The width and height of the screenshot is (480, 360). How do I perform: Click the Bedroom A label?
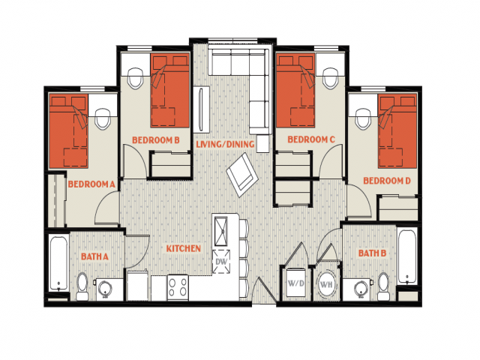[x=91, y=184]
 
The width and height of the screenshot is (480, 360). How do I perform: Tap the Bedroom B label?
[x=156, y=140]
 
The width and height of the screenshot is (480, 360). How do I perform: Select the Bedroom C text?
[x=311, y=139]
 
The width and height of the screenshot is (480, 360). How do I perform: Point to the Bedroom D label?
[x=387, y=181]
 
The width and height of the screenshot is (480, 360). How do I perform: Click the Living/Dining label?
[x=225, y=144]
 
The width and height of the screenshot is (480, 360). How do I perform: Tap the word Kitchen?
[x=183, y=248]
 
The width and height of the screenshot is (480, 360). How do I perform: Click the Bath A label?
[x=94, y=256]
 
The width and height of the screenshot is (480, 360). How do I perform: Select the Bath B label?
[x=372, y=253]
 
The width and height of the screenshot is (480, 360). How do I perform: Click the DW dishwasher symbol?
[x=221, y=262]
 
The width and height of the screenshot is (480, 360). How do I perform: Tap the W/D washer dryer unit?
[x=295, y=283]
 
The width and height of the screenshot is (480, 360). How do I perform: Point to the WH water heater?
[x=326, y=284]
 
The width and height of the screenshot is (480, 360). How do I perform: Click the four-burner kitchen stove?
[x=178, y=287]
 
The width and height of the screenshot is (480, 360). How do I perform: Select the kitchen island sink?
[x=221, y=231]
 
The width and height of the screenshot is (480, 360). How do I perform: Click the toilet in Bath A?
[x=82, y=286]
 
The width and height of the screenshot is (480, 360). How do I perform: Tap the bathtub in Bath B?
[x=407, y=256]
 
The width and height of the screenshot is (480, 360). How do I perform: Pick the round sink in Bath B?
[x=361, y=289]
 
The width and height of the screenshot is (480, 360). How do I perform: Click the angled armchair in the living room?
[x=242, y=175]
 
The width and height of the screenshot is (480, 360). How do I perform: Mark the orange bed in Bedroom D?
[x=397, y=131]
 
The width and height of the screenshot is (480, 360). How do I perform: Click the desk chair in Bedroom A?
[x=103, y=118]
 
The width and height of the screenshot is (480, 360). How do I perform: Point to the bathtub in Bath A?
[x=58, y=262]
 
